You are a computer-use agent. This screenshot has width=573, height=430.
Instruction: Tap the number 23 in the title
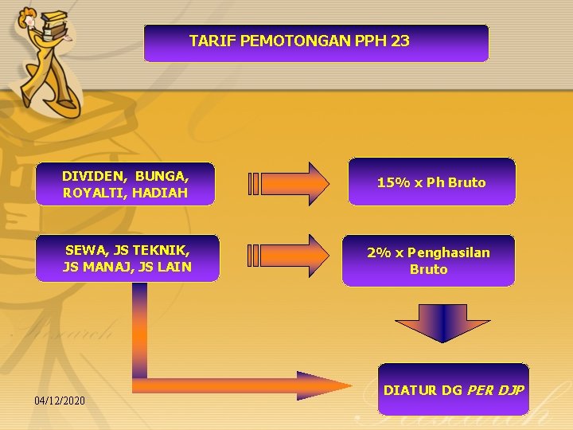tap(400, 41)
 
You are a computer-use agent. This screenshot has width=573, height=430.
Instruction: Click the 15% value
tap(392, 182)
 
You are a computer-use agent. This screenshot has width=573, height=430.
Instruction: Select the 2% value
tap(379, 252)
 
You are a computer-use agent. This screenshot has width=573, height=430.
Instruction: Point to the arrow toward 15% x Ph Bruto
tap(289, 183)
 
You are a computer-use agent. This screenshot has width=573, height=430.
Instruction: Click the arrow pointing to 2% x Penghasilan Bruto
tap(289, 255)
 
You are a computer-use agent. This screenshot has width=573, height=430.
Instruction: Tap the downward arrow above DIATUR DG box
tap(431, 322)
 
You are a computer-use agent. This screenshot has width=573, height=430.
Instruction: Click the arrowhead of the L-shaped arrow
tap(326, 384)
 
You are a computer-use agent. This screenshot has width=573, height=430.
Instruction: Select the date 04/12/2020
tap(60, 400)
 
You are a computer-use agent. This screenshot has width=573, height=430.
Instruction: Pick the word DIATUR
tap(411, 390)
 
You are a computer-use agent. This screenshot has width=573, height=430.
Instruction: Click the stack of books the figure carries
tap(56, 22)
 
